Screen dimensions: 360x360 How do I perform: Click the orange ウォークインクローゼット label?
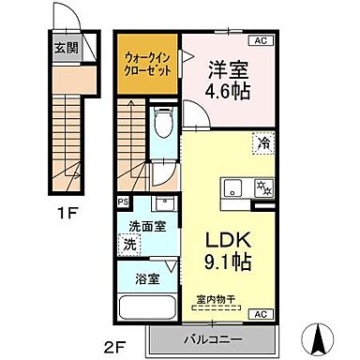coord(146,64)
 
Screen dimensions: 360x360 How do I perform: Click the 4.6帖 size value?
coord(226,93)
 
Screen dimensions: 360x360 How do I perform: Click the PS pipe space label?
coord(122,201)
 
